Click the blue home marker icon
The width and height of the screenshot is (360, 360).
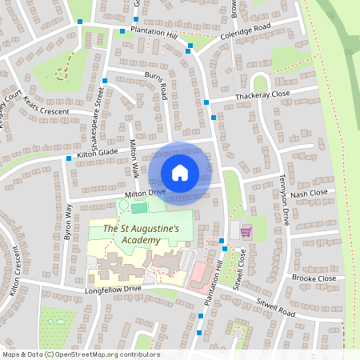coord(180,172)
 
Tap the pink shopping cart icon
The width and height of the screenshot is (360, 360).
coord(246,231)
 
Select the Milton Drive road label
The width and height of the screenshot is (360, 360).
coord(145,194)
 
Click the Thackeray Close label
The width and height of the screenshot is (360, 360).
coord(262,95)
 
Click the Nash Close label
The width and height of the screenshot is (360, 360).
coord(310,194)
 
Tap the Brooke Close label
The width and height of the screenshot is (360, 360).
coord(314,278)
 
